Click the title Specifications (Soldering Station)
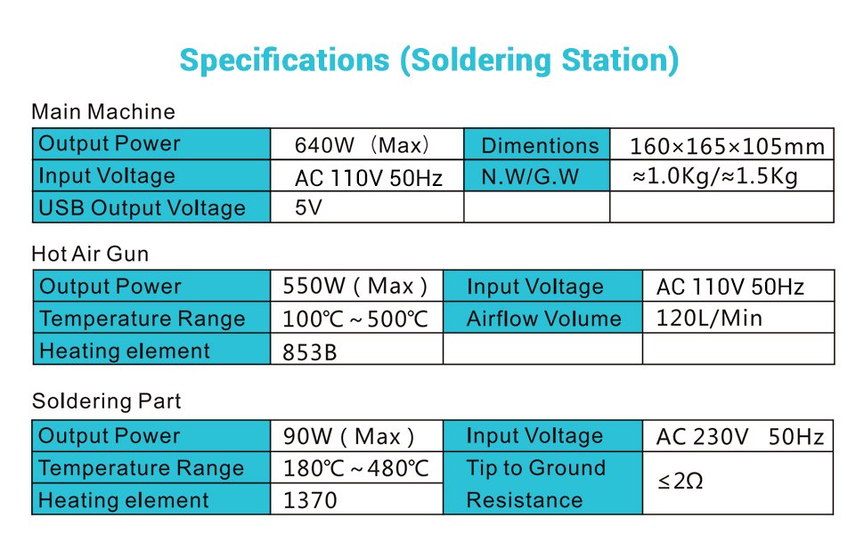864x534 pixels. point(428,61)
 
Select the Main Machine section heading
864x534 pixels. point(103,112)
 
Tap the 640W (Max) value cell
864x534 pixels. point(367,144)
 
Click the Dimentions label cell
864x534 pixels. point(537,144)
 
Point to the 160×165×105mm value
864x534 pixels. point(727,147)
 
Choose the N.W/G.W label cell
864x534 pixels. point(537,176)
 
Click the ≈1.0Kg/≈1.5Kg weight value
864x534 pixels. point(715,176)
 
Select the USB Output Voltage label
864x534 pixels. point(142,208)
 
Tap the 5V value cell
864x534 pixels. point(367,207)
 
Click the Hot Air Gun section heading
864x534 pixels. point(90,254)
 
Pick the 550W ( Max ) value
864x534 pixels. point(355,287)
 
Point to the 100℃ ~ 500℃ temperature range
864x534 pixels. point(355,319)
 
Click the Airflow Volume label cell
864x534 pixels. point(542,318)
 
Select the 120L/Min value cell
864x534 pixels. point(738,318)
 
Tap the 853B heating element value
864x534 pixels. point(310,352)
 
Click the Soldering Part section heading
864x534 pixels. point(106,400)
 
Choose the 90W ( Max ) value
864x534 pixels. point(348,437)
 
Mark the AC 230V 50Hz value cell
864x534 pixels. point(738,436)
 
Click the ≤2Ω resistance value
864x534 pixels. point(681,481)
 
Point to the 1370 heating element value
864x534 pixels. point(310,500)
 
